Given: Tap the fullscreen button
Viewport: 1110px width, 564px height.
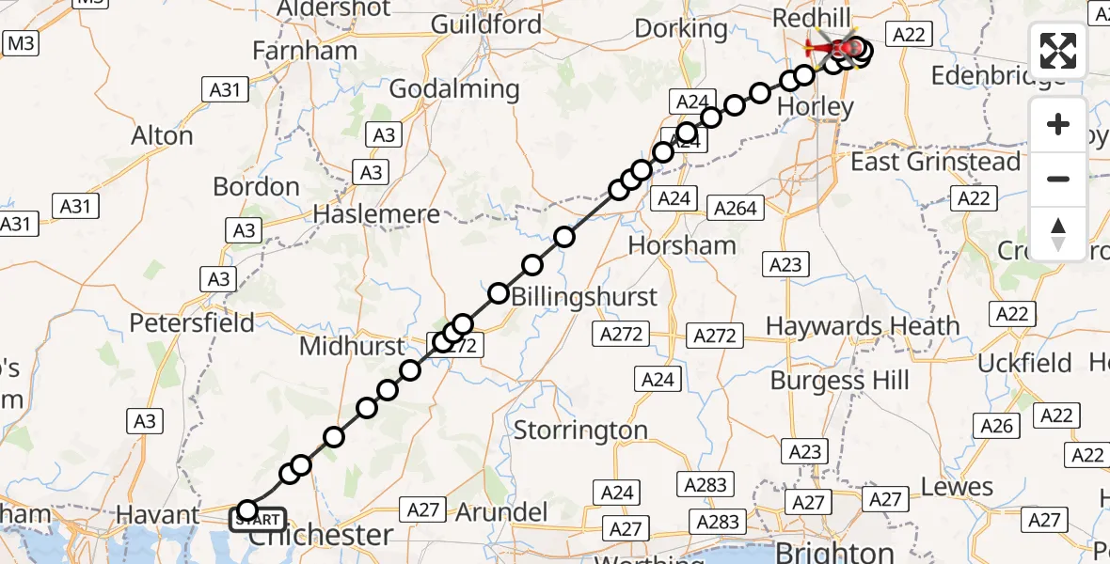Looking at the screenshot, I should click(x=1058, y=51).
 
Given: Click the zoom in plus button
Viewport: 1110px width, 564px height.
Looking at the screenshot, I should click(x=1058, y=124).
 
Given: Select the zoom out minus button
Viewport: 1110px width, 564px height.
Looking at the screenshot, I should click(x=1058, y=179).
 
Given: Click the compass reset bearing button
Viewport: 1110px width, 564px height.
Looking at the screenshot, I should click(x=1058, y=233).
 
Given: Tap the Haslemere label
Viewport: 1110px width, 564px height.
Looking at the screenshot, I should click(x=376, y=214).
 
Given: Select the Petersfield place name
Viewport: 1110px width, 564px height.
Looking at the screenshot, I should click(x=192, y=323).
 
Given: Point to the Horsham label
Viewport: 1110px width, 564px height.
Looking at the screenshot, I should click(x=682, y=246).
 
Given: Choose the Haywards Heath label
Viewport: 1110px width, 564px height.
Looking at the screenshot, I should click(x=863, y=327).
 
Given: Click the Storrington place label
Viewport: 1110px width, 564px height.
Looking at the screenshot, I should click(x=580, y=431).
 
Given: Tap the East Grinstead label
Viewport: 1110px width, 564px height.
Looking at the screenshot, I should click(x=935, y=162).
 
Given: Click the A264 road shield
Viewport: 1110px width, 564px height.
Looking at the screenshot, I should click(x=737, y=209).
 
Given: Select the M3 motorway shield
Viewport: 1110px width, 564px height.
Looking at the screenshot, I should click(x=21, y=42).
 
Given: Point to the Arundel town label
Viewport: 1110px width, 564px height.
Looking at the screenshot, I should click(x=500, y=512).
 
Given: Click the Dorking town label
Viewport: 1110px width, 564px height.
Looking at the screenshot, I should click(x=681, y=28).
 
